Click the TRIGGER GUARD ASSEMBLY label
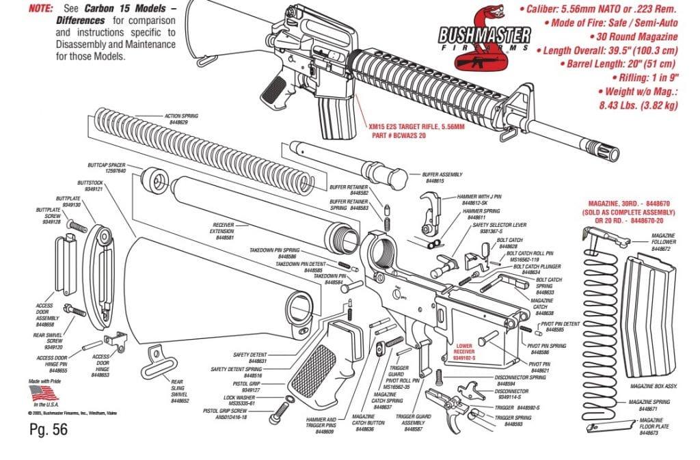[x=413, y=420]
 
